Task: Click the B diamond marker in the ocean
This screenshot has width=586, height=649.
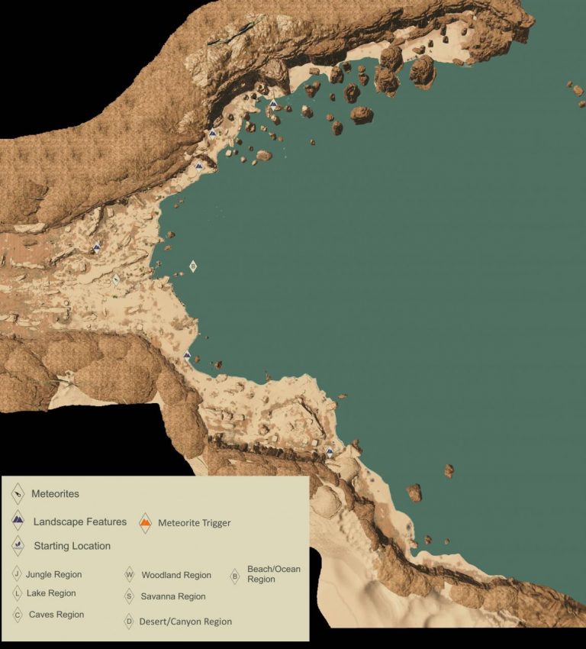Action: pyautogui.click(x=193, y=266)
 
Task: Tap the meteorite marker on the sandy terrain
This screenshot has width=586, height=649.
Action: pyautogui.click(x=116, y=280)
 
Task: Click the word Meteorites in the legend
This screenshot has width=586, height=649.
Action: pyautogui.click(x=55, y=494)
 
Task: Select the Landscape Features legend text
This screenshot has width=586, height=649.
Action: pyautogui.click(x=79, y=522)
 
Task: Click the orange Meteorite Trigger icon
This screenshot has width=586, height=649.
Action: pyautogui.click(x=145, y=523)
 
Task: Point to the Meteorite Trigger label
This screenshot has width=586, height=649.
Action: pyautogui.click(x=194, y=523)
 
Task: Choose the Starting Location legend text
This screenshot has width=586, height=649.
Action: pyautogui.click(x=72, y=546)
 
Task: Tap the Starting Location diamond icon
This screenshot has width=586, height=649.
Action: pyautogui.click(x=18, y=545)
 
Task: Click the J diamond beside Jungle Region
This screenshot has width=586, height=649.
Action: pyautogui.click(x=17, y=574)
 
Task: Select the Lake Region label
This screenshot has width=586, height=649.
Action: pyautogui.click(x=51, y=593)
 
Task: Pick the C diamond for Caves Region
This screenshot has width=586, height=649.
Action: pyautogui.click(x=17, y=615)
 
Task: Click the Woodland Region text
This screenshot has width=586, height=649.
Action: pyautogui.click(x=176, y=576)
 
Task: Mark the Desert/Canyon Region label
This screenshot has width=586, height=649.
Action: pyautogui.click(x=185, y=622)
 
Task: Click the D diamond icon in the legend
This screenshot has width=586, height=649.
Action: pyautogui.click(x=129, y=622)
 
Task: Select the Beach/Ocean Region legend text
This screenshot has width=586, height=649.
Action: pyautogui.click(x=273, y=574)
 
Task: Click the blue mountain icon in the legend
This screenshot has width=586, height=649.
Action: pyautogui.click(x=18, y=522)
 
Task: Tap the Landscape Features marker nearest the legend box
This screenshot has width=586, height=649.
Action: pyautogui.click(x=330, y=453)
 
